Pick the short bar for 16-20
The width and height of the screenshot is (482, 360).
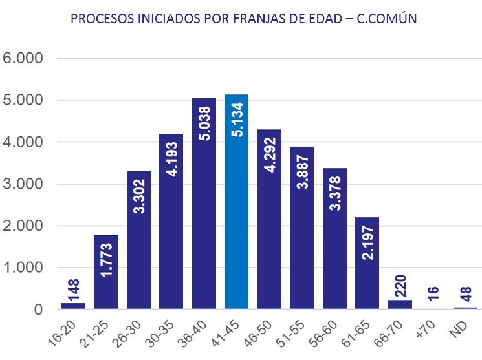pyautogui.click(x=73, y=306)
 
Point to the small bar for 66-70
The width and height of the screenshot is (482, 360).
pyautogui.click(x=400, y=304)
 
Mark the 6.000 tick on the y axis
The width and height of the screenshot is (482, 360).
pyautogui.click(x=23, y=58)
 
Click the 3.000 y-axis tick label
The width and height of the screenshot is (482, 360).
pyautogui.click(x=23, y=184)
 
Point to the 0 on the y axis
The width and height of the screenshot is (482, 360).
pyautogui.click(x=38, y=310)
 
